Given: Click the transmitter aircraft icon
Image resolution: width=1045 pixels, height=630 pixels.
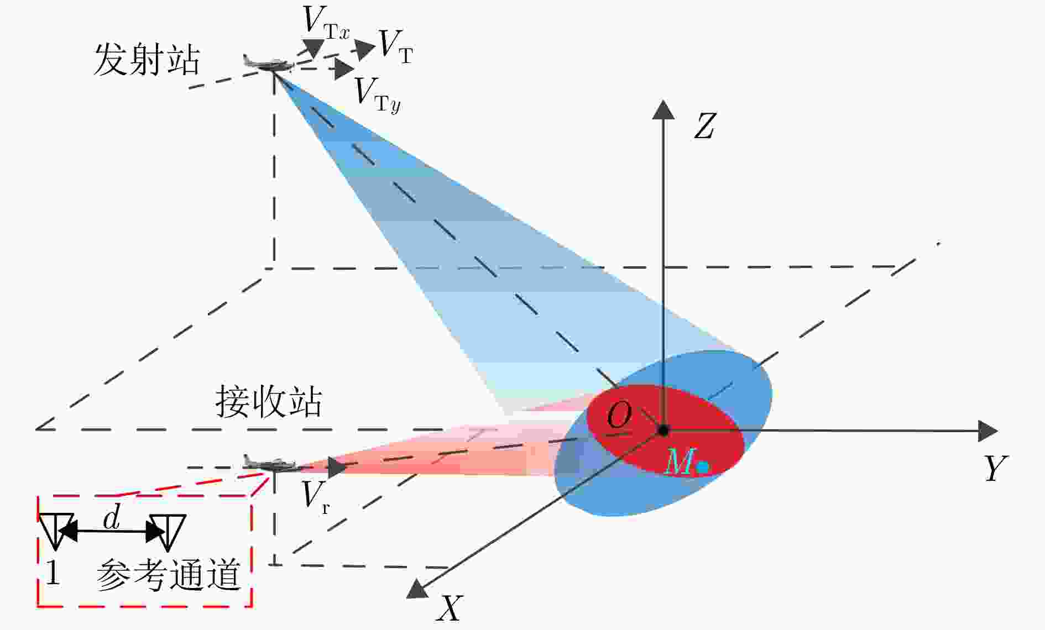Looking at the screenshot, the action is click(268, 62).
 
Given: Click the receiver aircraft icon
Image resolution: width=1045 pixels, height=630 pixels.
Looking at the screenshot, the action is click(269, 463).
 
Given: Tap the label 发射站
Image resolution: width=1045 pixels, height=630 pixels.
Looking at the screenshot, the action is click(147, 59).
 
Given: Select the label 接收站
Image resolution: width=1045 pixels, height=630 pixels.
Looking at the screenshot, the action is click(269, 402).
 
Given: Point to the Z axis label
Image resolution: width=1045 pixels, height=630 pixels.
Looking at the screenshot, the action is click(704, 125).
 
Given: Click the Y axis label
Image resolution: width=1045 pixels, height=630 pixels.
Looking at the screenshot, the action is click(996, 468).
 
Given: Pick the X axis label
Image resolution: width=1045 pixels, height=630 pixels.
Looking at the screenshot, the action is click(449, 608).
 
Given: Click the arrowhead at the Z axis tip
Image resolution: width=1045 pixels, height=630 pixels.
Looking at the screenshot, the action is click(663, 109).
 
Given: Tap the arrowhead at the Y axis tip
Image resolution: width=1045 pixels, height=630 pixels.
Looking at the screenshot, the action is click(988, 431).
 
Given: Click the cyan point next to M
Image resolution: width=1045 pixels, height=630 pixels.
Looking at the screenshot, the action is click(702, 468).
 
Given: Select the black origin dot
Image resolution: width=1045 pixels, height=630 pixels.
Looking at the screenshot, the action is click(663, 429).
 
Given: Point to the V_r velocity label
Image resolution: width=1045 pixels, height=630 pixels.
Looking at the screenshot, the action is click(316, 496).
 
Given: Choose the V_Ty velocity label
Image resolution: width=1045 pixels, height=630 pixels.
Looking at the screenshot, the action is click(377, 95).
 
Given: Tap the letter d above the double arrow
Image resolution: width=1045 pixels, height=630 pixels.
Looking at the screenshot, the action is click(112, 518).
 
